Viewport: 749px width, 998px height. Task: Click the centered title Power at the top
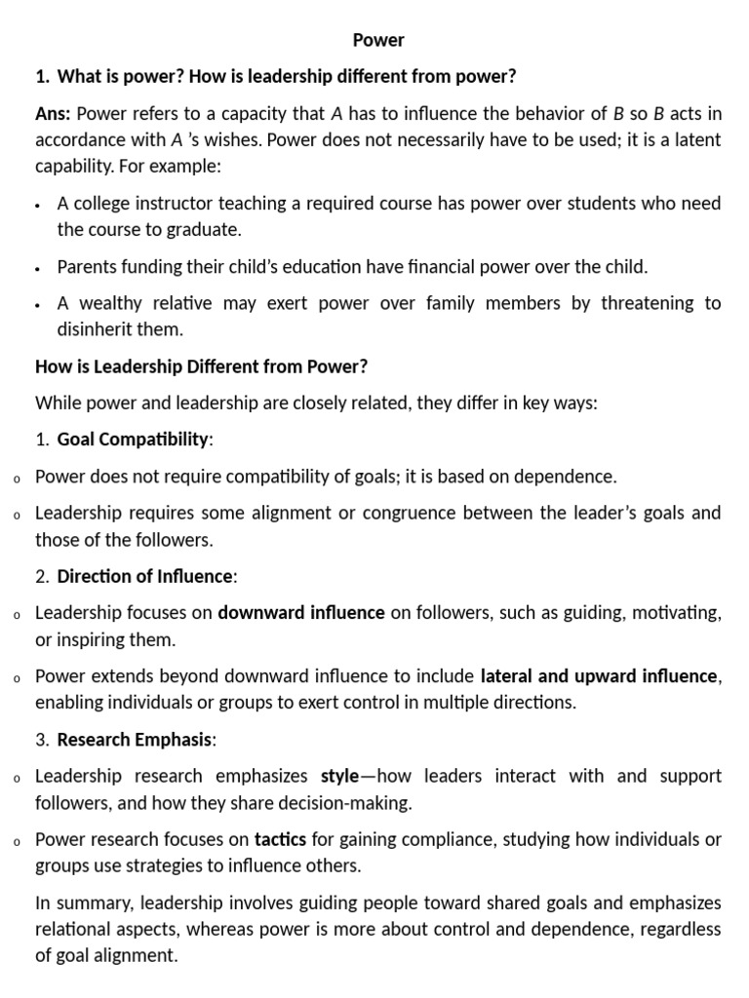(x=378, y=40)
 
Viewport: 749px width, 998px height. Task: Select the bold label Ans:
(x=53, y=114)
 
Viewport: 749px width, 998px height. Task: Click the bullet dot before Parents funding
(x=37, y=268)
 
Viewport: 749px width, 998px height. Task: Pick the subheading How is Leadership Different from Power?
(x=201, y=366)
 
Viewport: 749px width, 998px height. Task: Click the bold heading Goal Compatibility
(x=133, y=440)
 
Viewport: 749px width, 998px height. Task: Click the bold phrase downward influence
(x=301, y=613)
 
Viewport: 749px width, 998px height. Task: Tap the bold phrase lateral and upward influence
(x=600, y=676)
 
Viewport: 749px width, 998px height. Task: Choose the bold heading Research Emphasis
(x=135, y=740)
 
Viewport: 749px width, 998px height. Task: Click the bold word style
(x=340, y=777)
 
